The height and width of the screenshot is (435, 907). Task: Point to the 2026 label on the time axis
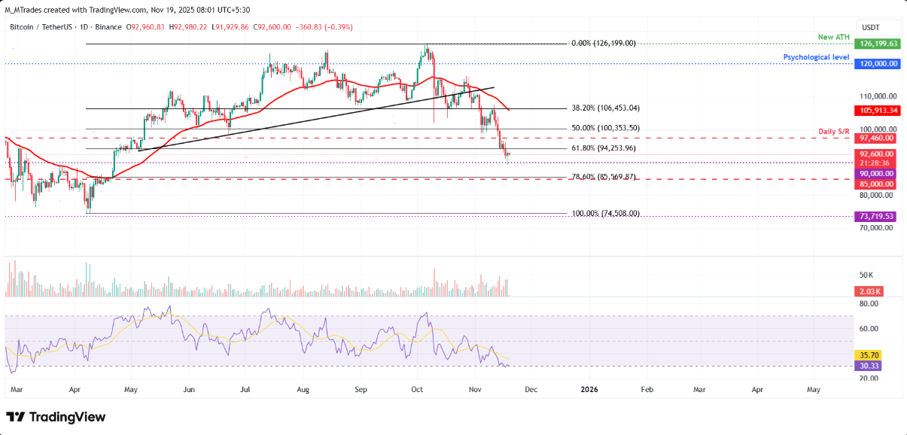pos(589,389)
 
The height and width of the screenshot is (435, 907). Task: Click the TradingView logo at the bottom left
pos(56,417)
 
